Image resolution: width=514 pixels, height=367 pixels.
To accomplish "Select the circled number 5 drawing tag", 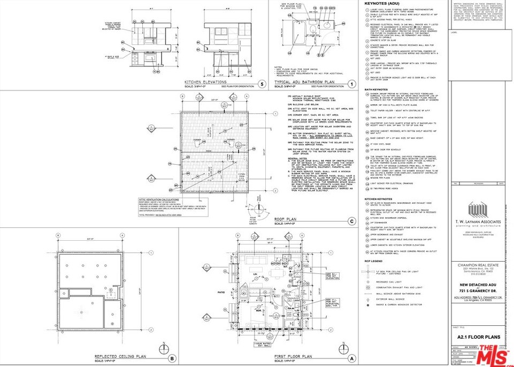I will coord(261,83).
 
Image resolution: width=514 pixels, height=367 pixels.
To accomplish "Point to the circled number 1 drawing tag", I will coord(351,83).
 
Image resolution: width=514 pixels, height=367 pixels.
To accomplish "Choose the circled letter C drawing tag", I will coord(351,236).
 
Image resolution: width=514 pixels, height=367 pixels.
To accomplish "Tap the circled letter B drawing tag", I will coord(172,358).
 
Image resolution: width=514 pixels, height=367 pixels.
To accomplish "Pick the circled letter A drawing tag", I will coord(351,358).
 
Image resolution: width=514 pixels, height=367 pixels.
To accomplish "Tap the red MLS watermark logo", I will coord(493,354).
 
